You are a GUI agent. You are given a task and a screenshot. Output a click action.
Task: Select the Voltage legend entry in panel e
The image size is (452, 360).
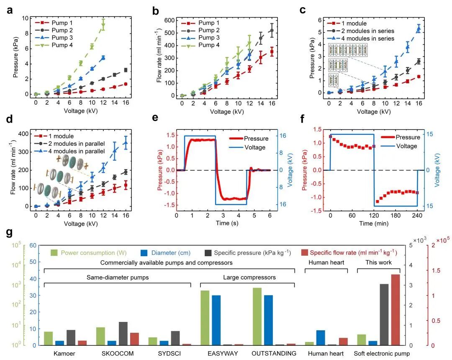click(x=255, y=147)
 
